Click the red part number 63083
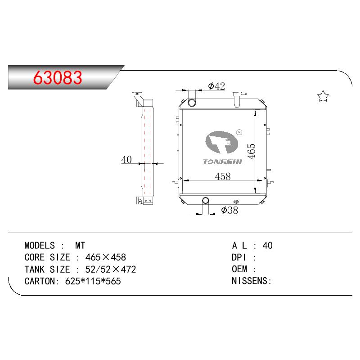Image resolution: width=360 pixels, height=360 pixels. [58, 77]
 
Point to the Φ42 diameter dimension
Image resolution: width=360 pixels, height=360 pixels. [216, 86]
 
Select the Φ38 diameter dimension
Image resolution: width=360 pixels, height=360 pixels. [229, 210]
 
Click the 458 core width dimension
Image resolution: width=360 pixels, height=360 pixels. [223, 176]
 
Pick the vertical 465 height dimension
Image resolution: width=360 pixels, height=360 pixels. [251, 151]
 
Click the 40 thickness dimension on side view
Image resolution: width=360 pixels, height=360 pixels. [126, 160]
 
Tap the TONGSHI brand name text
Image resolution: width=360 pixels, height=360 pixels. [222, 162]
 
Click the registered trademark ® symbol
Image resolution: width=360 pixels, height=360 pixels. [239, 132]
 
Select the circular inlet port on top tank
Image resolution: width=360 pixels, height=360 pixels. [192, 103]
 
